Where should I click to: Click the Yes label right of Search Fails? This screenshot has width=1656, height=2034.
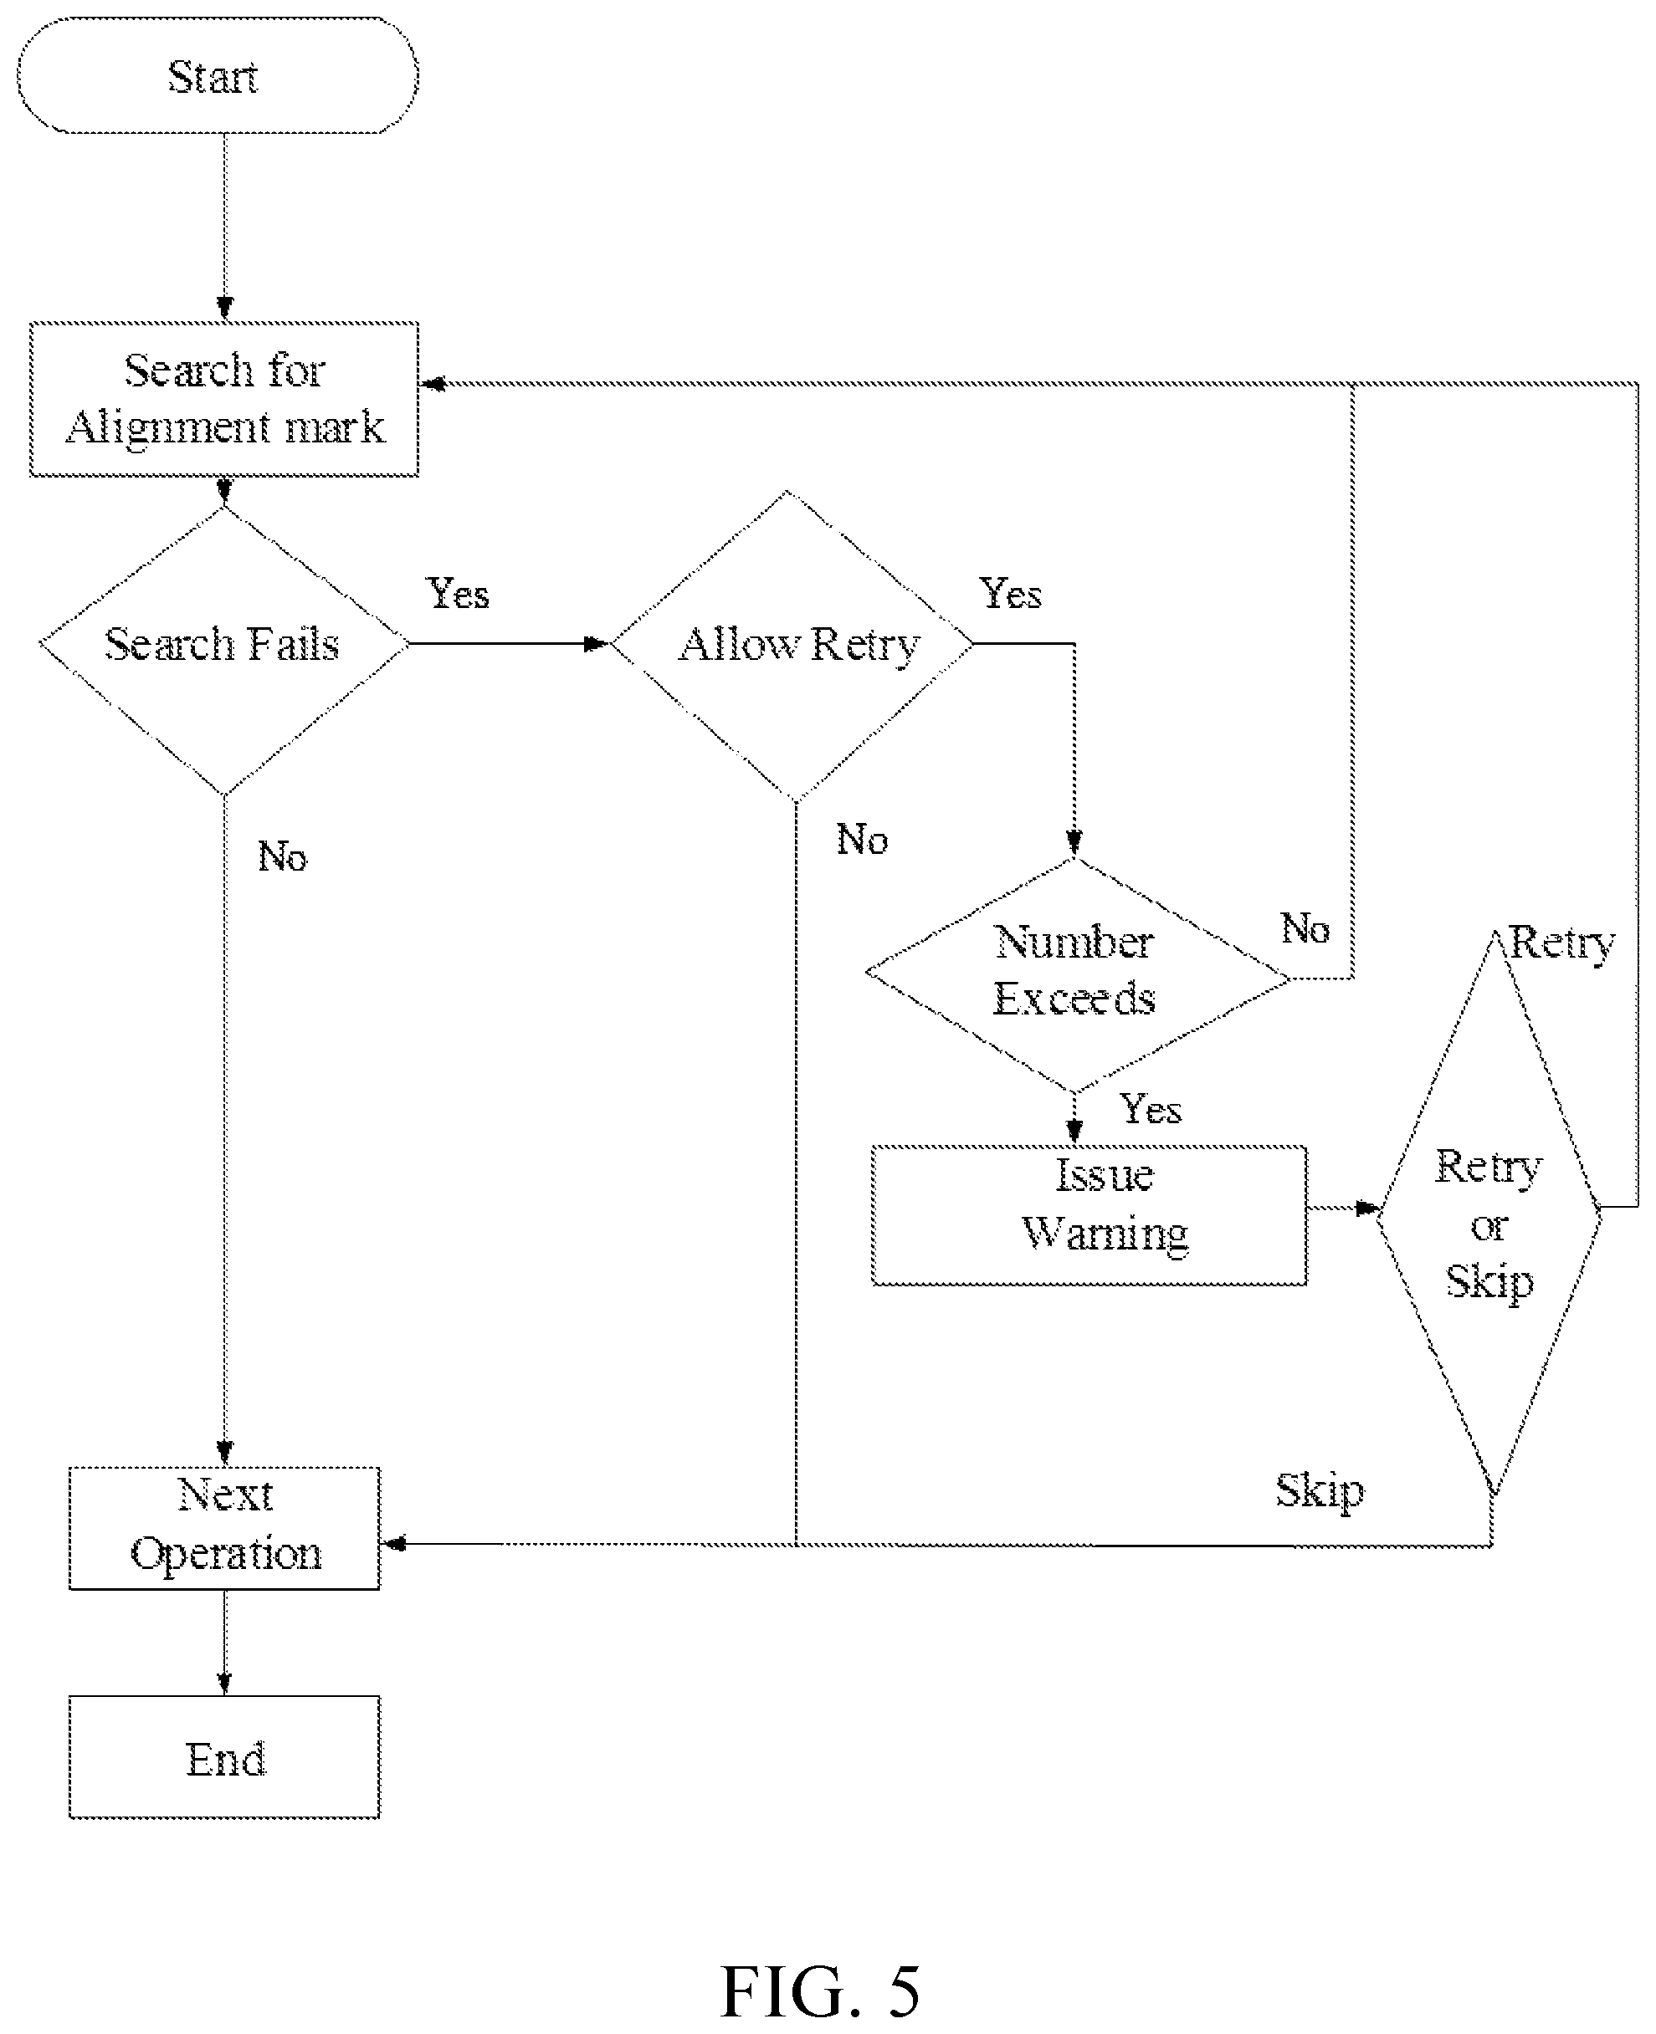click(458, 593)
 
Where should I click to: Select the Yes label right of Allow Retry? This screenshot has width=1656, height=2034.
click(1010, 593)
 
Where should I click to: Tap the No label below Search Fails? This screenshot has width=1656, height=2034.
click(282, 856)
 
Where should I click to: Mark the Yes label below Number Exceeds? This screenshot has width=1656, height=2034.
click(1151, 1109)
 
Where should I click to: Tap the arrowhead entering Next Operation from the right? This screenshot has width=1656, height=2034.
click(393, 1543)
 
